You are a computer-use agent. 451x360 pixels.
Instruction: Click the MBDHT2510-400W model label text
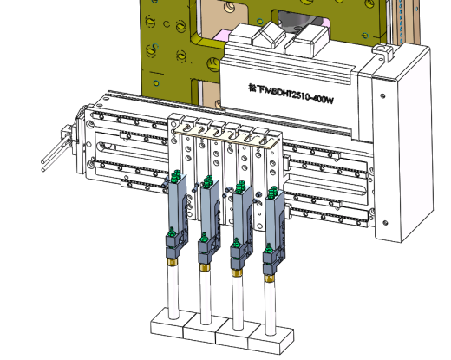click(x=291, y=94)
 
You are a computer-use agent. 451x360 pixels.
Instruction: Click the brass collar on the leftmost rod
click(x=173, y=262)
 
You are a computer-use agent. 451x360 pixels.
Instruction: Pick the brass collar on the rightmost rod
click(x=270, y=278)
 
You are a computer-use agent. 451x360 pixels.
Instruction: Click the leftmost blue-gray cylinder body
click(x=176, y=206)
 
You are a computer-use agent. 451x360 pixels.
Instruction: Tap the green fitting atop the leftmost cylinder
click(x=175, y=176)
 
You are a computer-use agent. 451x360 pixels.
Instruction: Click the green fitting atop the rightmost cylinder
click(x=272, y=192)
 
